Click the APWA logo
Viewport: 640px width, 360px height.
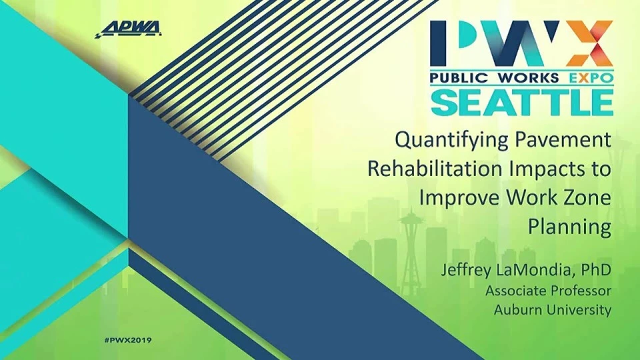pos(128,29)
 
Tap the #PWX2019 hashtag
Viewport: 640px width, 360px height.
pos(128,340)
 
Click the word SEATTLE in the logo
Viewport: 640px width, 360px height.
pos(522,102)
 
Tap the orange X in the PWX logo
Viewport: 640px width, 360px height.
pos(589,43)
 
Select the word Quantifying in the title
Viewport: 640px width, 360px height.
pos(452,141)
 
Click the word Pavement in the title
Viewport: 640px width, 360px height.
pos(563,140)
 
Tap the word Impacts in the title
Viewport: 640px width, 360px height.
pos(546,169)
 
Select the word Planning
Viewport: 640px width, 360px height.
pos(569,227)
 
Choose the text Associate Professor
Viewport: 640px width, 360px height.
pos(548,291)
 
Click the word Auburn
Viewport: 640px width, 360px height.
pos(516,310)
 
